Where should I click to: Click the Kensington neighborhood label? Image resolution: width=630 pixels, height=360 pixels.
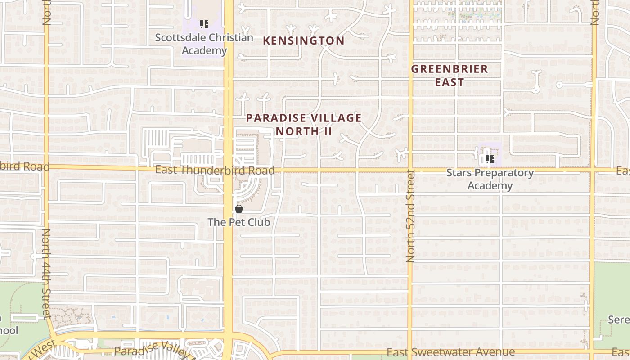pyautogui.click(x=304, y=40)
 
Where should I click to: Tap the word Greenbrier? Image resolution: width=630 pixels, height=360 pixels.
pyautogui.click(x=450, y=69)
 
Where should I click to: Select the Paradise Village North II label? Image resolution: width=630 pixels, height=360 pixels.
pyautogui.click(x=304, y=125)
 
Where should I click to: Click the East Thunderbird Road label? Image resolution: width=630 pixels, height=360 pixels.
pyautogui.click(x=215, y=171)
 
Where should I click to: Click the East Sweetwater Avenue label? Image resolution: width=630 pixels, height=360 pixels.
pyautogui.click(x=450, y=352)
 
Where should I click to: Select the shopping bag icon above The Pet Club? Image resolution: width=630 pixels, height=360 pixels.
pyautogui.click(x=239, y=209)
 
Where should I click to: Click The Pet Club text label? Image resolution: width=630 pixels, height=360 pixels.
pyautogui.click(x=239, y=222)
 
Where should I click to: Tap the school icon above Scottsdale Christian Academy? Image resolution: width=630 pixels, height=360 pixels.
pyautogui.click(x=204, y=24)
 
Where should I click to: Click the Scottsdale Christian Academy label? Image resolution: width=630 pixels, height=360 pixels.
pyautogui.click(x=204, y=44)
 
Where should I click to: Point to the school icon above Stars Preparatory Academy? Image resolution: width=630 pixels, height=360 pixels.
pyautogui.click(x=490, y=159)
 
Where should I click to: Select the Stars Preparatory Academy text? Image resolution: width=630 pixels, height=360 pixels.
pyautogui.click(x=490, y=179)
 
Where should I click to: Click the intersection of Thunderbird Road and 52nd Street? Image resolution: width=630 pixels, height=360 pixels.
pyautogui.click(x=410, y=171)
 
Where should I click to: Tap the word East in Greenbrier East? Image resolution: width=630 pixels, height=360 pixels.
pyautogui.click(x=450, y=82)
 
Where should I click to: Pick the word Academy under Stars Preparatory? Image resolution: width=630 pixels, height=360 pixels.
pyautogui.click(x=490, y=186)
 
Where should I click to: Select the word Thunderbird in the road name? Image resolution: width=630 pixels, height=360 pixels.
pyautogui.click(x=215, y=171)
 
